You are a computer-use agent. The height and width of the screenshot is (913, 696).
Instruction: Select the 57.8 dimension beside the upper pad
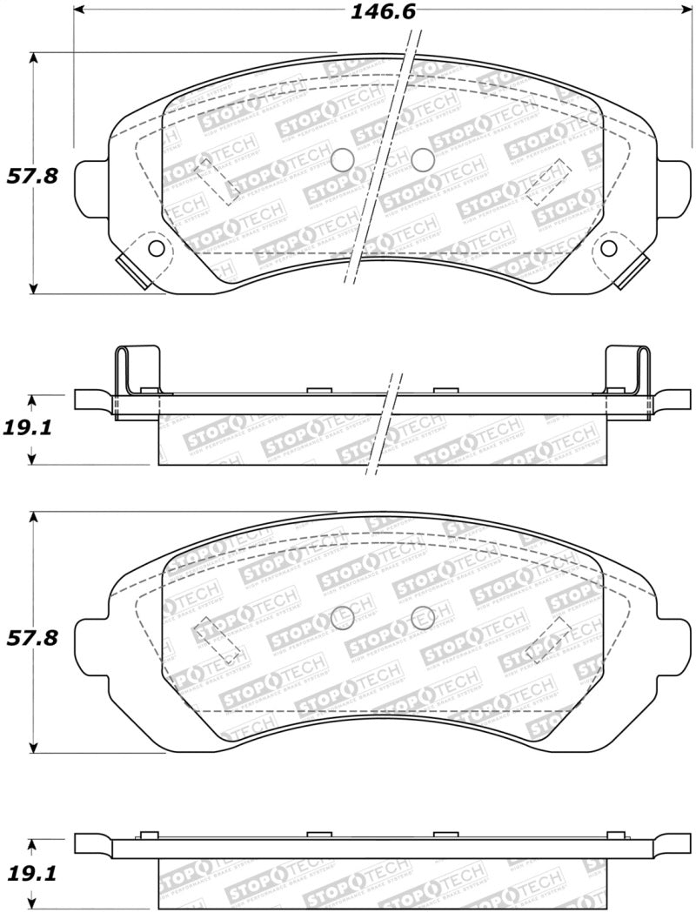pyautogui.click(x=32, y=175)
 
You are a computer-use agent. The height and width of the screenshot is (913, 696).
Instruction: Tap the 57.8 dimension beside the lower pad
pyautogui.click(x=32, y=637)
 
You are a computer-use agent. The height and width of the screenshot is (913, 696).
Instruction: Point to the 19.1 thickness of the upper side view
pyautogui.click(x=32, y=428)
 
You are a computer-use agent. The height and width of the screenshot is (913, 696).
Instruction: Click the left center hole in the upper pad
pyautogui.click(x=343, y=158)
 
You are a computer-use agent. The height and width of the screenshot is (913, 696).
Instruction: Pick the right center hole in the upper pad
pyautogui.click(x=422, y=158)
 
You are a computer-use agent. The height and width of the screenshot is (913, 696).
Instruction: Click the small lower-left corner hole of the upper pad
pyautogui.click(x=157, y=249)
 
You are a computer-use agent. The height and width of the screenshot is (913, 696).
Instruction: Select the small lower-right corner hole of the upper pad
pyautogui.click(x=608, y=249)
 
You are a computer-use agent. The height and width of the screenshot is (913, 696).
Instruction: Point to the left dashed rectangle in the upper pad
pyautogui.click(x=217, y=180)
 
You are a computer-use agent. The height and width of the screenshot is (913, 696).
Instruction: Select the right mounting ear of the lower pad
pyautogui.click(x=674, y=642)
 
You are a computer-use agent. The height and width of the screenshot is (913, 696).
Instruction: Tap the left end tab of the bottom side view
pyautogui.click(x=92, y=843)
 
